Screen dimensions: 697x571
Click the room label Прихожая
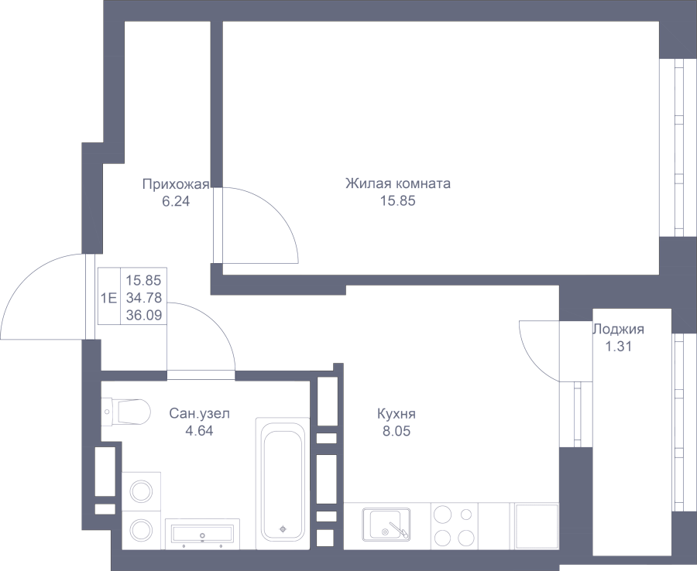click(176, 184)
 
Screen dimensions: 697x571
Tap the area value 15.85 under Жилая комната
click(398, 201)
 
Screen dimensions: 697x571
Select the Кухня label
click(397, 414)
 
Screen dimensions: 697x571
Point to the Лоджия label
click(618, 329)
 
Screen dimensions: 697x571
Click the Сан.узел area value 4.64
click(200, 431)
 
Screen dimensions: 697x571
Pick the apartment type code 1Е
click(109, 298)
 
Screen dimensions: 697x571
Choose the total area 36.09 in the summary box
click(144, 315)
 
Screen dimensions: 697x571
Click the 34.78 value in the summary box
click(144, 297)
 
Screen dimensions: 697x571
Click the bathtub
click(283, 484)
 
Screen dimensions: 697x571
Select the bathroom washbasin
click(202, 534)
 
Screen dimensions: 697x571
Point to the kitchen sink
click(386, 525)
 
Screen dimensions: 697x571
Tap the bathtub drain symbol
click(283, 528)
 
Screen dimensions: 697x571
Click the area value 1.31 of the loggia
click(618, 347)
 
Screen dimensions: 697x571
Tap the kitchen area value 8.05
click(397, 431)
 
